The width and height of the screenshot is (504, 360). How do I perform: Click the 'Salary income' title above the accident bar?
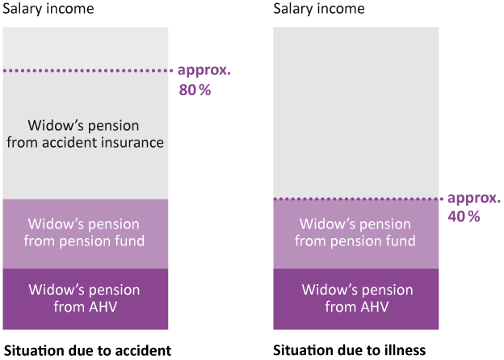click(x=48, y=9)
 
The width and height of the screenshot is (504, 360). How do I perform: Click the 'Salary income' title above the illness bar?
click(x=319, y=9)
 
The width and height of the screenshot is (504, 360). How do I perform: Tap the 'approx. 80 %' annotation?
click(x=204, y=80)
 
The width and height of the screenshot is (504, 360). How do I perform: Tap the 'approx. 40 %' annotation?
click(x=474, y=207)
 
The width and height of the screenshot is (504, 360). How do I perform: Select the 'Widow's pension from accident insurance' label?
click(x=85, y=134)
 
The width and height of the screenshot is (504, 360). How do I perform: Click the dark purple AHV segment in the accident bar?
click(x=86, y=299)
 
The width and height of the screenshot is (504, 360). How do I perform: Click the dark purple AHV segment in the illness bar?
click(x=356, y=299)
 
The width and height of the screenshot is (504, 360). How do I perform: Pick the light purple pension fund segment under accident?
click(x=86, y=234)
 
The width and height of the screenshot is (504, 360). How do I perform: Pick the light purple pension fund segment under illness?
click(x=356, y=234)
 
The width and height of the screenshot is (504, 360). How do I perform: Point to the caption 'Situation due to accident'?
click(x=87, y=350)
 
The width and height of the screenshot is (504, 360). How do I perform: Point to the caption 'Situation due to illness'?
click(x=350, y=350)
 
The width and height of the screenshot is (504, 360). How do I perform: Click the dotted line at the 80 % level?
click(x=88, y=70)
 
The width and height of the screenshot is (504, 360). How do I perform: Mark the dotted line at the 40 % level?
click(x=359, y=199)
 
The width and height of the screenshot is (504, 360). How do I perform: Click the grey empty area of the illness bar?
click(x=356, y=112)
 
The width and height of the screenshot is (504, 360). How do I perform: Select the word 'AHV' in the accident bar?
click(x=103, y=307)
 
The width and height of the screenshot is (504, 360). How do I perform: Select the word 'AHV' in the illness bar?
click(x=374, y=307)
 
